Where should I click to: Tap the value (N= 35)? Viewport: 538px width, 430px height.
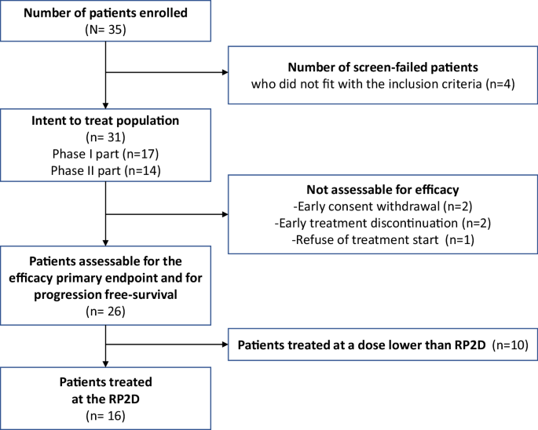tap(105, 31)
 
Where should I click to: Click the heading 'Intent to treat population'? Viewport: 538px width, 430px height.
tap(105, 122)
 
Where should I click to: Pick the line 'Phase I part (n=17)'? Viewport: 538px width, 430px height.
tap(105, 154)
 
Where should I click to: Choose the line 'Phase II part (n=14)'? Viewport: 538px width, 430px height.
tap(105, 170)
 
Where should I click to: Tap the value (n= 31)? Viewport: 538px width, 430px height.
tap(105, 138)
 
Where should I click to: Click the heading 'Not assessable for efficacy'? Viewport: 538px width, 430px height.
tap(382, 191)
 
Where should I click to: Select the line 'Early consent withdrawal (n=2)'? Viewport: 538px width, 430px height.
tap(382, 207)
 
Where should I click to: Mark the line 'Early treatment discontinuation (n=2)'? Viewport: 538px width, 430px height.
tap(382, 223)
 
